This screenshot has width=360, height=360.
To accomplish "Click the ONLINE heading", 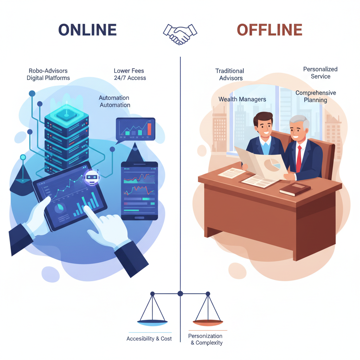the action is coord(88,30).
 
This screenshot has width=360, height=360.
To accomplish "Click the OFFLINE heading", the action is coord(270,30).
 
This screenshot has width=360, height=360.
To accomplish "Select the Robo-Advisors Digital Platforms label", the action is coord(48,74).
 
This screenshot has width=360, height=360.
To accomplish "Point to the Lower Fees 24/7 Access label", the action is coord(130,74).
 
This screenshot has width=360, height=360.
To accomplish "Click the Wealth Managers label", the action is coord(242,99).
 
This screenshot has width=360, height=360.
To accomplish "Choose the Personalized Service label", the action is coord(320,72).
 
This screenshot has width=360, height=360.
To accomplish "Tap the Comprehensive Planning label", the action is coord(316,96).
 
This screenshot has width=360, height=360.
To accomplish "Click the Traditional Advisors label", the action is coord(230,75).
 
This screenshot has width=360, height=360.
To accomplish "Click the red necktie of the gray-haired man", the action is coord(299,159).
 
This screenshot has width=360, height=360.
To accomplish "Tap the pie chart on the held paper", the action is coord(272,165).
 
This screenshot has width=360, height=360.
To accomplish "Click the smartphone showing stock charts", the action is coord(139,191).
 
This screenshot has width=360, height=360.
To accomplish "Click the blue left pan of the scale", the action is coord(152,323).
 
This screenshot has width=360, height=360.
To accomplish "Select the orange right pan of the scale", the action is coord(208,323).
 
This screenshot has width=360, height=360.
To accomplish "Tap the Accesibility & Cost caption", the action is coord(149,339).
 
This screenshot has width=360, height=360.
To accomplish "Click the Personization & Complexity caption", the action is coord(205,339).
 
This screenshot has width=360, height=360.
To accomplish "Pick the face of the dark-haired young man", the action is coord(264,127).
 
